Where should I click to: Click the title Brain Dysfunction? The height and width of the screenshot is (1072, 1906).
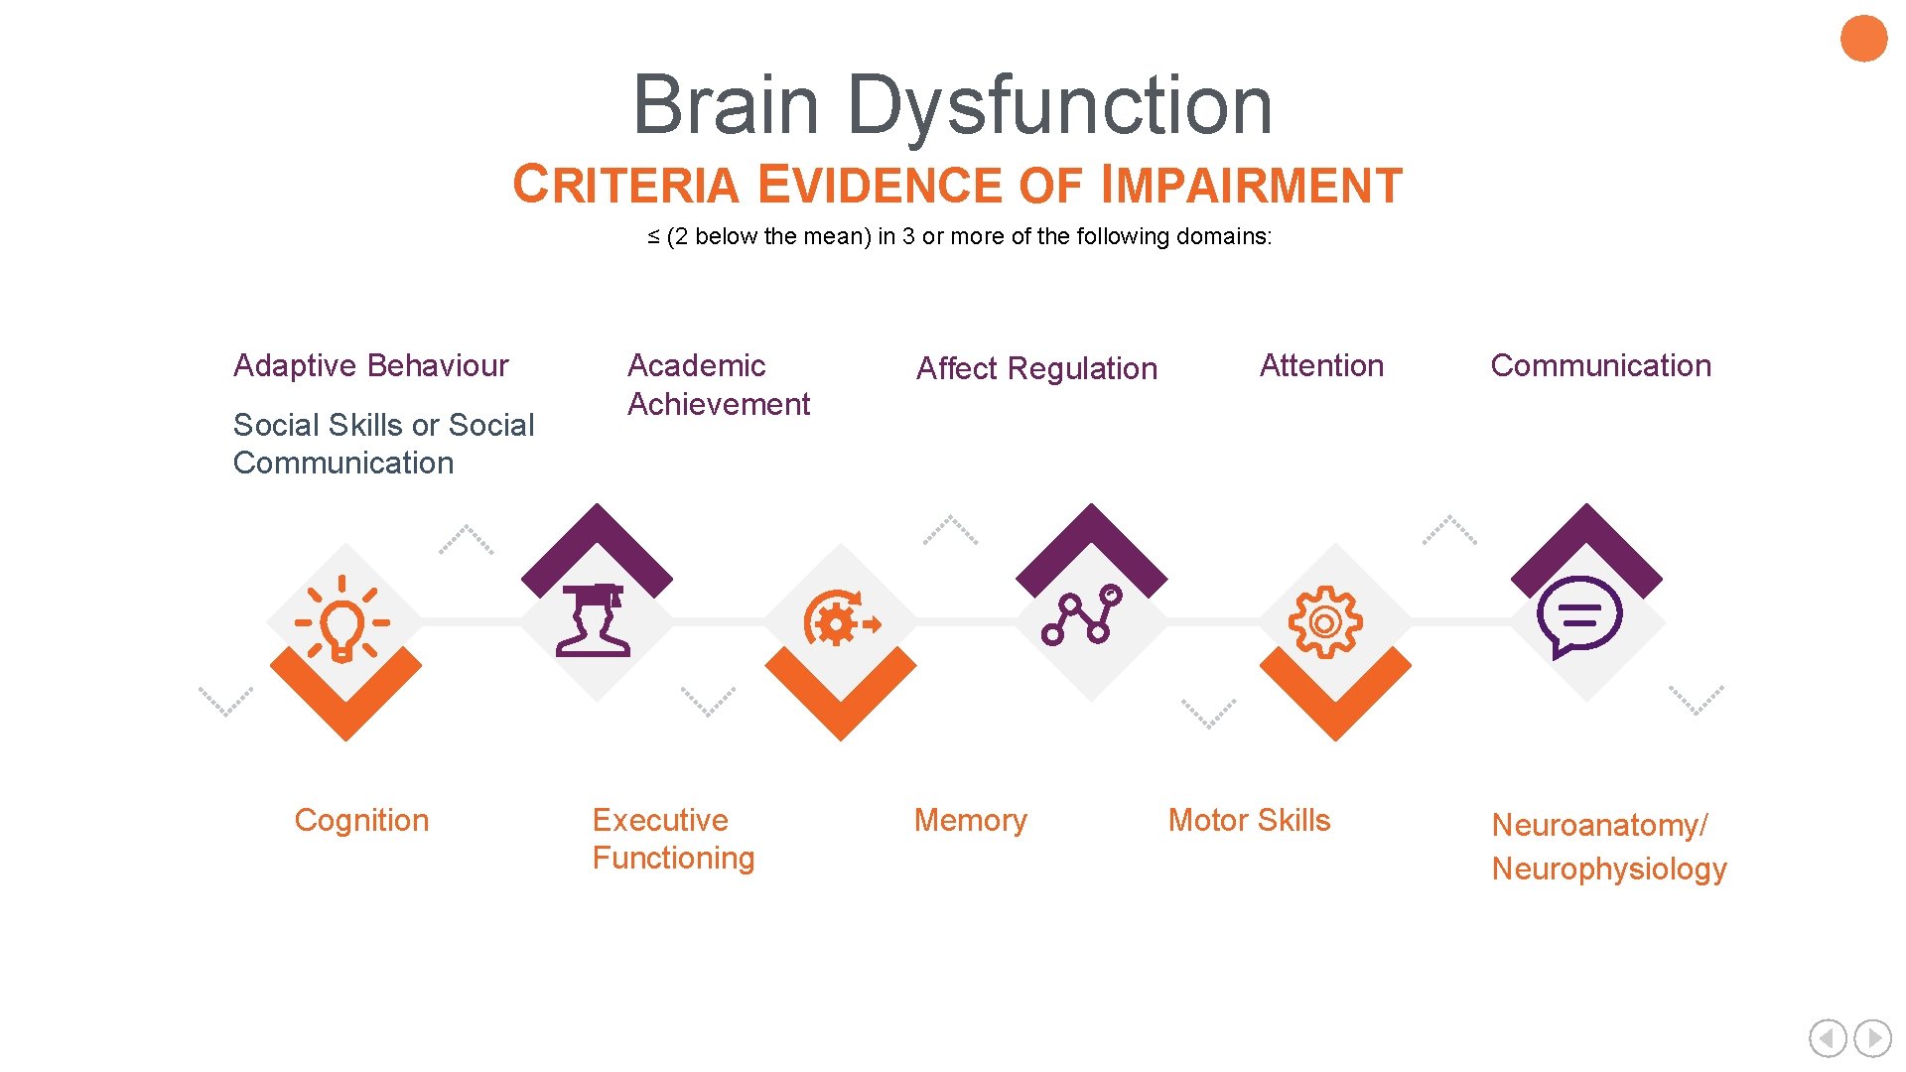tap(952, 105)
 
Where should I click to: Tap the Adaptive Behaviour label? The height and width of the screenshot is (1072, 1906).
tap(370, 365)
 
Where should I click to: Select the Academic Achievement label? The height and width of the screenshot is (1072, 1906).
tap(718, 385)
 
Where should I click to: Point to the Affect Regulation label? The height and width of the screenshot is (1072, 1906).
tap(1036, 368)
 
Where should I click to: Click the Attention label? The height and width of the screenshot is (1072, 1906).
tap(1321, 365)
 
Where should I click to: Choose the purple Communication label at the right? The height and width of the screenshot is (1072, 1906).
tap(1600, 365)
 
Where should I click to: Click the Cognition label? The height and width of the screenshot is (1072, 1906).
tap(361, 820)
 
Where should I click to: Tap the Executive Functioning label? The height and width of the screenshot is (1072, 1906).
tap(673, 839)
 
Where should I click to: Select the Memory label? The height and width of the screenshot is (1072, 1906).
tap(970, 820)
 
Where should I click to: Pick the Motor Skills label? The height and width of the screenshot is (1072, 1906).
tap(1249, 820)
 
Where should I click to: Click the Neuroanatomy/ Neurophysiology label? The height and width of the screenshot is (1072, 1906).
tap(1608, 847)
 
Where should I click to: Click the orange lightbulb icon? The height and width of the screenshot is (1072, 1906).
tap(342, 620)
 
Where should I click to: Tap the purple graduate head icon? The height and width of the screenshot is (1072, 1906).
tap(594, 620)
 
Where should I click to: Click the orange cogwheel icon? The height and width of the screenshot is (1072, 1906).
tap(1324, 621)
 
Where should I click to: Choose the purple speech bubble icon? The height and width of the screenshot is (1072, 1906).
tap(1578, 616)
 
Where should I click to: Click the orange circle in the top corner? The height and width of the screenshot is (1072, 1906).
tap(1863, 39)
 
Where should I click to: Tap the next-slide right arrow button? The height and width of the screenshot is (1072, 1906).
tap(1872, 1038)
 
